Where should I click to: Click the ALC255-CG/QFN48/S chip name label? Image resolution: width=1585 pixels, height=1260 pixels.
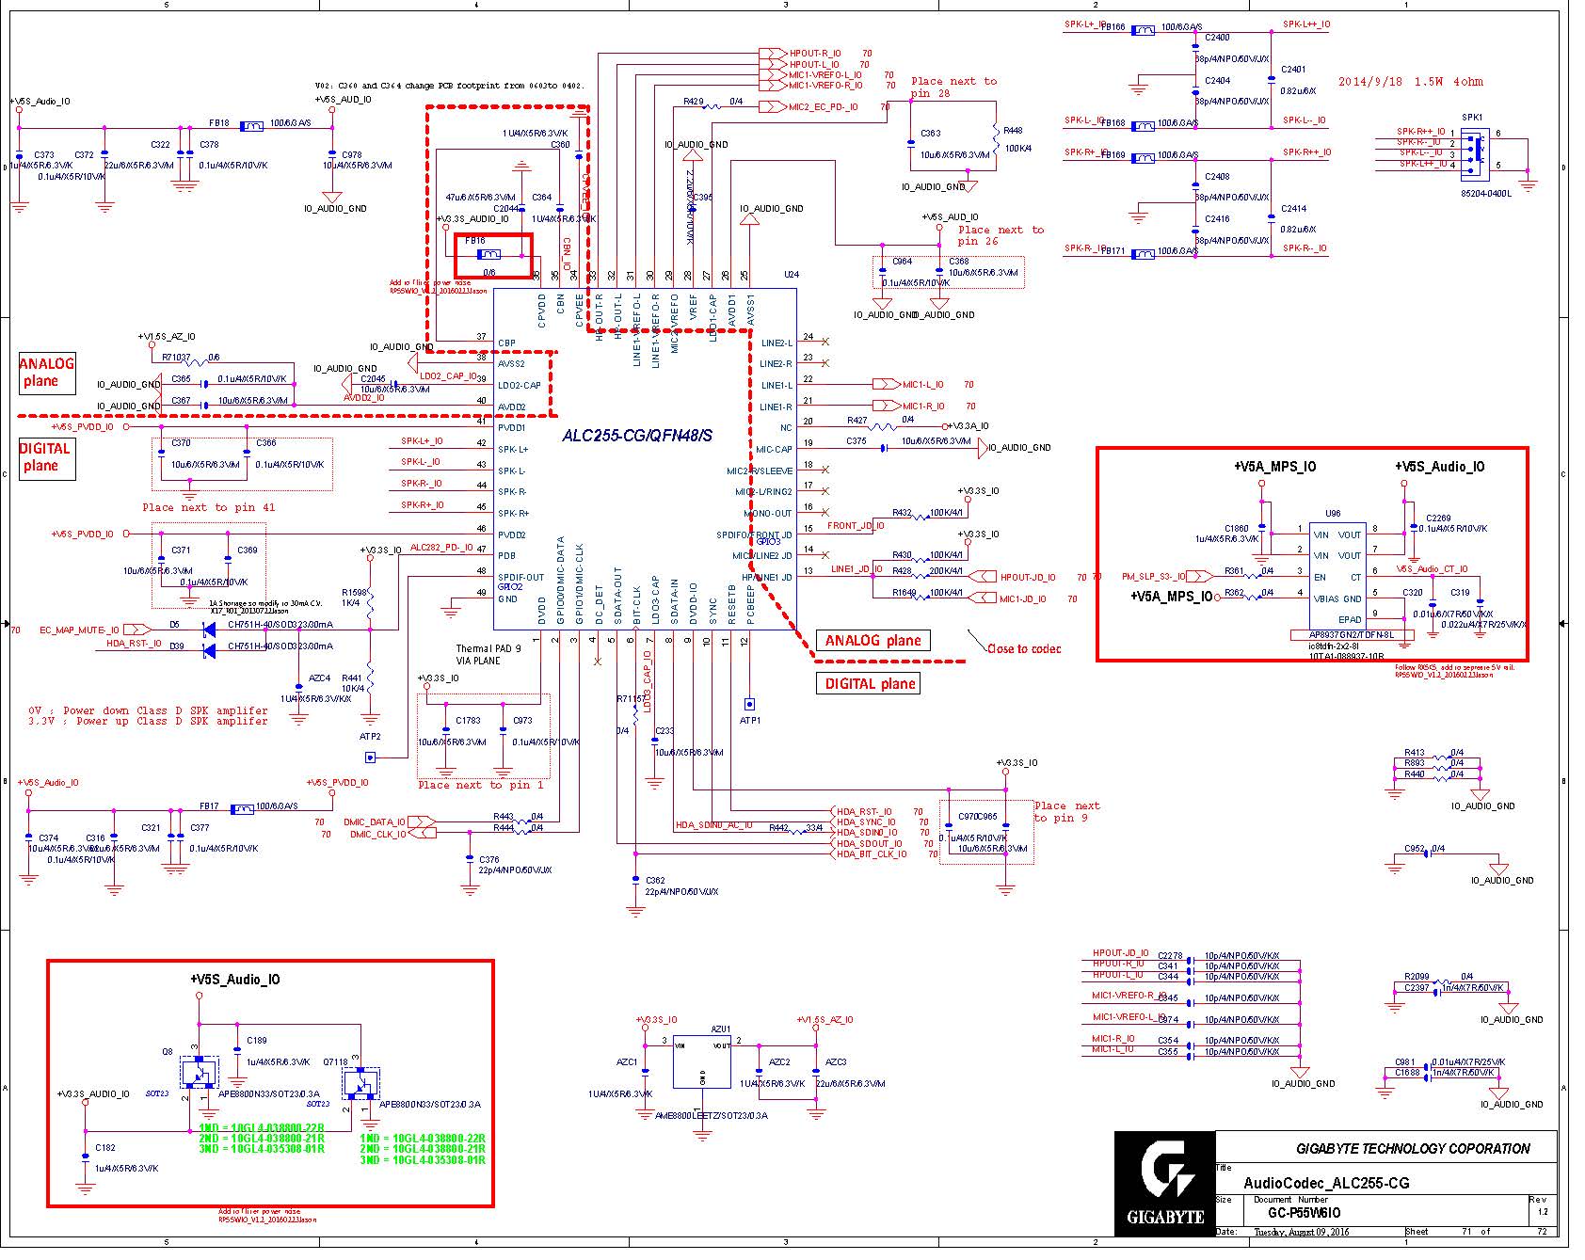[637, 436]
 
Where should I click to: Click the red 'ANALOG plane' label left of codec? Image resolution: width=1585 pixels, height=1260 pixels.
[47, 373]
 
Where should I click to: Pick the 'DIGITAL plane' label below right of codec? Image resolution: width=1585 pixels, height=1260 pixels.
[870, 684]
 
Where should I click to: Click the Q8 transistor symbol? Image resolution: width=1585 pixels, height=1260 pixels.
[199, 1072]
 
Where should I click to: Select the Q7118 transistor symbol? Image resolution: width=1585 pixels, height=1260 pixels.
[360, 1084]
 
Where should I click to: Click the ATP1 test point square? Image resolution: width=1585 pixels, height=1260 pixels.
[749, 704]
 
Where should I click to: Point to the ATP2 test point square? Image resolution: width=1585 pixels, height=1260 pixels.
[370, 757]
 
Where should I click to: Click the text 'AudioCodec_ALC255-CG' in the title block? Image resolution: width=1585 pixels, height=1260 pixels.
[1326, 1183]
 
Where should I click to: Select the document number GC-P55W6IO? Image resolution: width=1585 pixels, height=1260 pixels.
[1304, 1213]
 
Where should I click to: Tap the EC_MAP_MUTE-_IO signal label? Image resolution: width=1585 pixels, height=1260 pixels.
[79, 630]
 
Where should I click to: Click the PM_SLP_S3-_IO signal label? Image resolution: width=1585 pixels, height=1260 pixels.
[1153, 577]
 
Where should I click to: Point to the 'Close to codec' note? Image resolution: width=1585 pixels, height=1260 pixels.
[1023, 648]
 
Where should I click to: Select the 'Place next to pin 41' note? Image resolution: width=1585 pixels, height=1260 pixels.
[209, 508]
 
